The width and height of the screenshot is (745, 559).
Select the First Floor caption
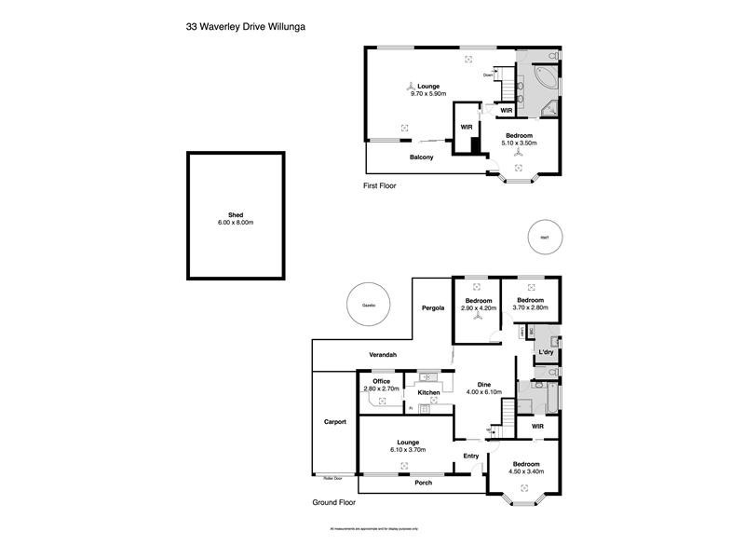click(379, 186)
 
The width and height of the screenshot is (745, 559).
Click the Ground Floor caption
click(334, 502)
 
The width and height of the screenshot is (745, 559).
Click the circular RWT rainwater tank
click(545, 238)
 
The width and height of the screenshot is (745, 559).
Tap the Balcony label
click(421, 157)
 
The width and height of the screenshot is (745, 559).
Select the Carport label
click(334, 422)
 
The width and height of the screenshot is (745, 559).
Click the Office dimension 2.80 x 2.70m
click(382, 389)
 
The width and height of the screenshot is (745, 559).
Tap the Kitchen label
click(428, 393)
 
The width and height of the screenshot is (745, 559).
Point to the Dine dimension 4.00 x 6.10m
click(484, 392)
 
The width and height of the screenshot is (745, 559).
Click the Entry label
click(471, 456)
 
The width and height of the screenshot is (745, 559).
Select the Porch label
click(423, 483)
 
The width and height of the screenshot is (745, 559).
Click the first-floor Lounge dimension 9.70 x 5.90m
click(428, 94)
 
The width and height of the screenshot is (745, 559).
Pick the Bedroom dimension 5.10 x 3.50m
click(521, 143)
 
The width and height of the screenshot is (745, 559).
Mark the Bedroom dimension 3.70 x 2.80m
click(530, 307)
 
